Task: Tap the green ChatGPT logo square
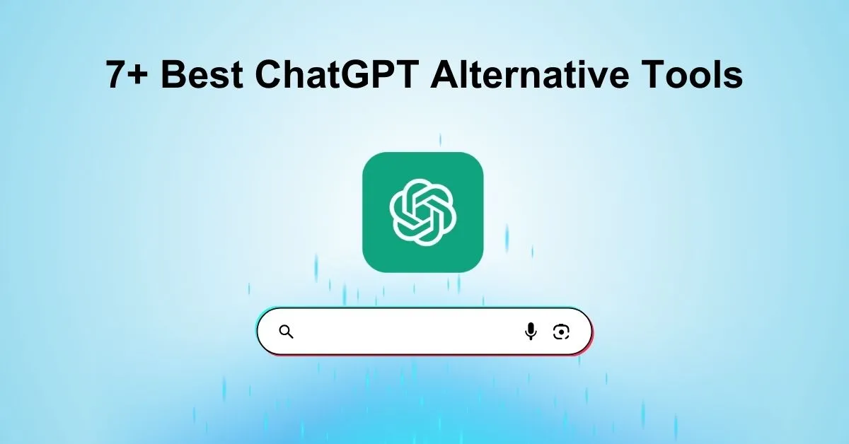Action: (x=422, y=211)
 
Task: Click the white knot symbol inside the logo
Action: (x=422, y=211)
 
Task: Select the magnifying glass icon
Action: (x=286, y=332)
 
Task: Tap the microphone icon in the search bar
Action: (x=531, y=331)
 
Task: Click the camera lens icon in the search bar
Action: (x=562, y=331)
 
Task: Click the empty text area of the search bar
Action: (x=403, y=331)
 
